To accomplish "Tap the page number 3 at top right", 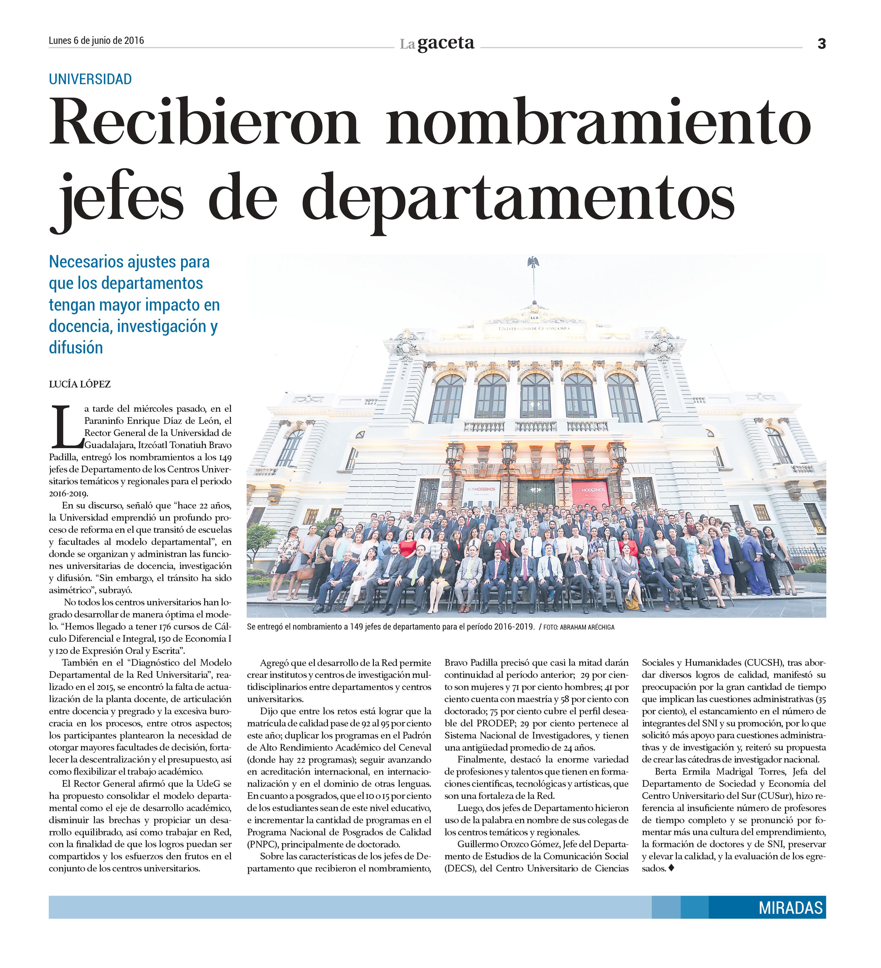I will (821, 44).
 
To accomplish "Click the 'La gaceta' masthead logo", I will (437, 44).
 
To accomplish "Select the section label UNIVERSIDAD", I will (90, 79).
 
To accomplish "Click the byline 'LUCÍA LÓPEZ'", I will (80, 384).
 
